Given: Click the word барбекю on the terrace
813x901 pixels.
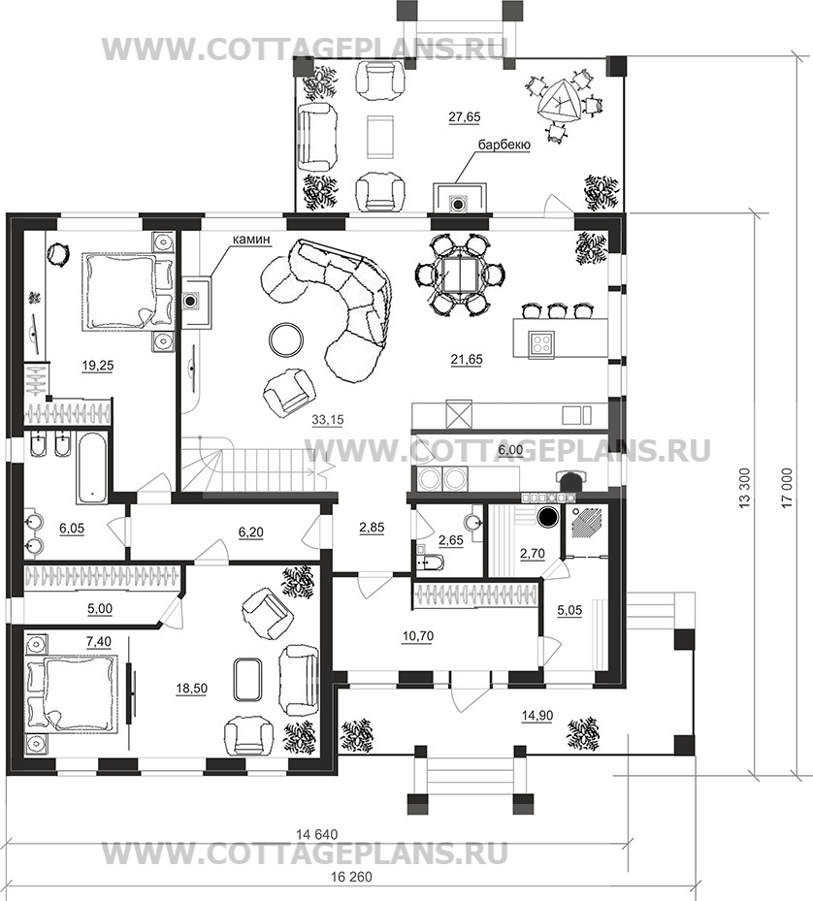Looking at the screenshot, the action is (504, 145).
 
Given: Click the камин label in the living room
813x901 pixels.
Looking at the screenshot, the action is (251, 240).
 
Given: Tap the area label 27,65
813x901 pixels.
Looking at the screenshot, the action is (464, 116).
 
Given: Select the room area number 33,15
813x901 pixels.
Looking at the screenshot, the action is (328, 420).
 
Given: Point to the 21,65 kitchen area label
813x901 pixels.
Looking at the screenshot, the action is (467, 360).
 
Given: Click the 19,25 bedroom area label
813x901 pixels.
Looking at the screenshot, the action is (98, 365).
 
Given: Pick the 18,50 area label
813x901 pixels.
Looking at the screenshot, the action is (192, 688).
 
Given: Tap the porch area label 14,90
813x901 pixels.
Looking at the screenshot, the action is (537, 716).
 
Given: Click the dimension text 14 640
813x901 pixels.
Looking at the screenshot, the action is (317, 834).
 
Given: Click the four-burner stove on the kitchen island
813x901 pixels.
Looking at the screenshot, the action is (541, 343).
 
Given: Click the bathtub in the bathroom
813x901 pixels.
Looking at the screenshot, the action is (91, 468).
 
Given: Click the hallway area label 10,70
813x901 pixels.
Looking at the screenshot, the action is (418, 636).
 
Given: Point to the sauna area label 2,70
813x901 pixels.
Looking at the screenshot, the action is (532, 553).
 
